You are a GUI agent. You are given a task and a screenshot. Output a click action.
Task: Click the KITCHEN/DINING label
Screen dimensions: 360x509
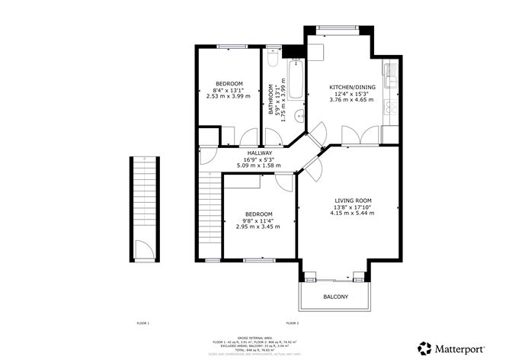coord(351,86)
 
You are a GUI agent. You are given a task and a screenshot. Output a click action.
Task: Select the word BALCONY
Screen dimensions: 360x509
coord(336,297)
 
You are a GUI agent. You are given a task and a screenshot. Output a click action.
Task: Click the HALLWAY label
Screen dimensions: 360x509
coord(258,153)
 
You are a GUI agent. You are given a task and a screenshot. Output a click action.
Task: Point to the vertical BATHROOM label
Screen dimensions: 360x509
coord(271,99)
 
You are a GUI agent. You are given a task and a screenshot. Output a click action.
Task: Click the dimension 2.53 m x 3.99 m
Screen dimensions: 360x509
coord(228,97)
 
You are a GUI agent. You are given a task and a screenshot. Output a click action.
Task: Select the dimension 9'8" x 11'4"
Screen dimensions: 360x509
coord(258,220)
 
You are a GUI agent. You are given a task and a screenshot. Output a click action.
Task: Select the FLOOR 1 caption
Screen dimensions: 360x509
coord(142,324)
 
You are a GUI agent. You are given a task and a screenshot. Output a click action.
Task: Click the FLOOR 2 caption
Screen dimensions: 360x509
coord(292,324)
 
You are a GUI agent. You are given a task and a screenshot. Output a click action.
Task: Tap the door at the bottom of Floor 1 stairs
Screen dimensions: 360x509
coord(142,248)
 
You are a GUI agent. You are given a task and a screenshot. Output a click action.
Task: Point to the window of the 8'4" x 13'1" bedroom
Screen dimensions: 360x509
coord(229,47)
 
